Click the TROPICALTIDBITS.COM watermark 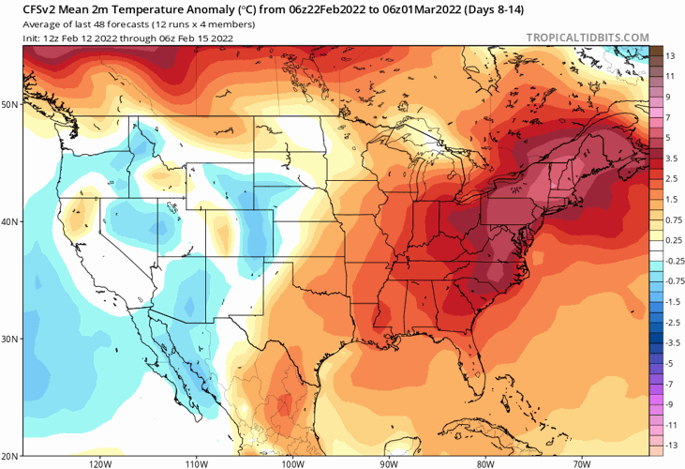pos(588,38)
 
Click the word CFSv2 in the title pos(40,8)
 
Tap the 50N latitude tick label pos(10,104)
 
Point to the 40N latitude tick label pos(10,222)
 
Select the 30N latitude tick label pos(10,339)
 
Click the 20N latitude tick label pos(10,455)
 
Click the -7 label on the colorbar pos(670,384)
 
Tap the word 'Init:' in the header pos(34,38)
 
